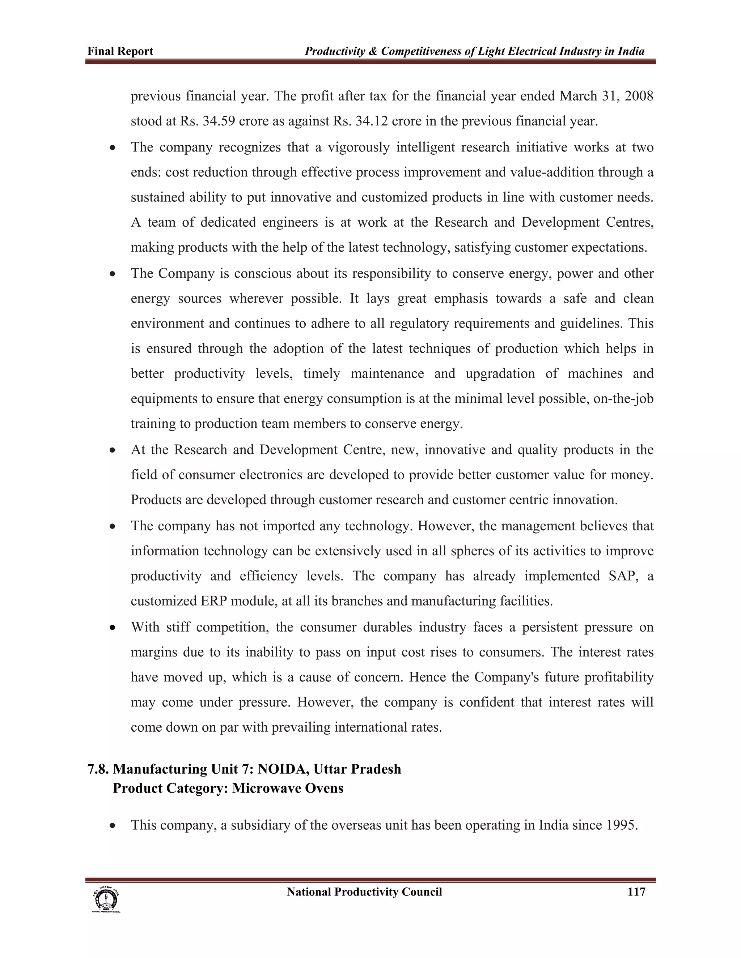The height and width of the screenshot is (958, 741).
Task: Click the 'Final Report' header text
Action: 120,51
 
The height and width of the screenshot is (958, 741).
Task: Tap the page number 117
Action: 636,892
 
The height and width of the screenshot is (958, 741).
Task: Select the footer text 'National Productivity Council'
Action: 364,892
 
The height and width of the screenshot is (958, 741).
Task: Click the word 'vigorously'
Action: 358,147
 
